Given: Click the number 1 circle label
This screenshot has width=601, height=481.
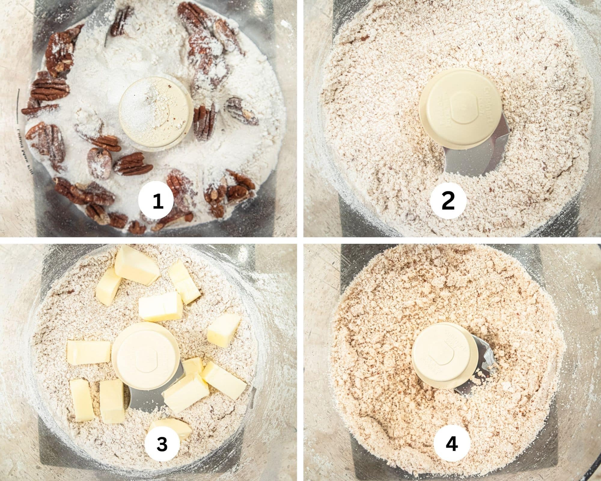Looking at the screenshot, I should click(156, 202).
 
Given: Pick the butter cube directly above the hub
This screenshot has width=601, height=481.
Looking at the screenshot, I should click(161, 307).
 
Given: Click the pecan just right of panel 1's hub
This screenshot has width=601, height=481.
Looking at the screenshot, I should click(204, 122).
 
